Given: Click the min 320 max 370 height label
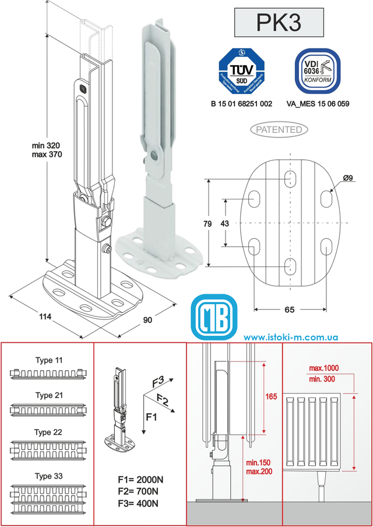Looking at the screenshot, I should pos(47,149).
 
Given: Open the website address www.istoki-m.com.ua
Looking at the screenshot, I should pos(291,338).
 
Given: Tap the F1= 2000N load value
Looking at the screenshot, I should pos(140,480).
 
